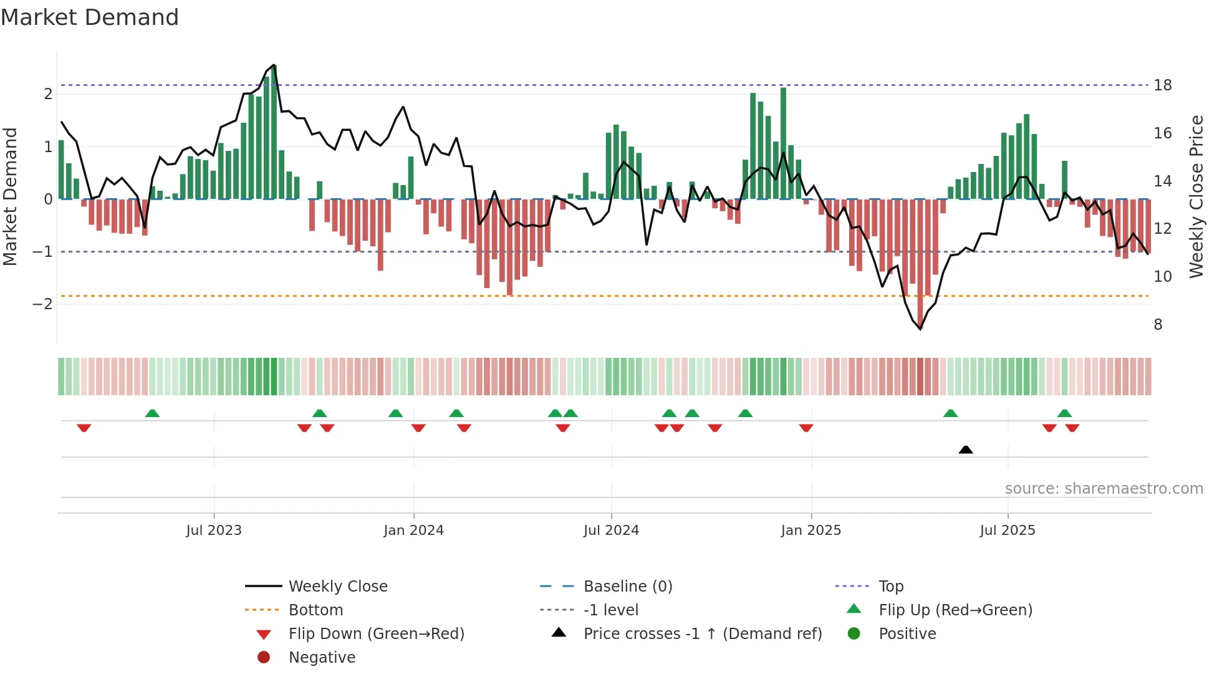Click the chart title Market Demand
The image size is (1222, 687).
tap(90, 17)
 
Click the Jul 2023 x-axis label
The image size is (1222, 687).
tap(214, 531)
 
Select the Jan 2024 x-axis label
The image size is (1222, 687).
tap(413, 531)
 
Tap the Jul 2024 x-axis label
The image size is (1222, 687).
tap(611, 531)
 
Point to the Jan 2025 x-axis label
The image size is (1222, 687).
tap(811, 531)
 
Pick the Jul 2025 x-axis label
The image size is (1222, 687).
tap(1007, 531)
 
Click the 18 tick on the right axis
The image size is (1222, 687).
tap(1162, 85)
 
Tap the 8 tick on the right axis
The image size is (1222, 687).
tap(1158, 325)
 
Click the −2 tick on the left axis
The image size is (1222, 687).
tap(43, 304)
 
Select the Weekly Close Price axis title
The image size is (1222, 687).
tap(1196, 196)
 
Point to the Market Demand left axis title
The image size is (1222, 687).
tap(11, 196)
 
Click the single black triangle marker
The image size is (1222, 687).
tap(965, 449)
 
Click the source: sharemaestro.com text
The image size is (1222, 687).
tap(1104, 489)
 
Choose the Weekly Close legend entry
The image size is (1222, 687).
tap(337, 587)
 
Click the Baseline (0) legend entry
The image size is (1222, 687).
tap(627, 587)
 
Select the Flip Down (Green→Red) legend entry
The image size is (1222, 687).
tap(376, 634)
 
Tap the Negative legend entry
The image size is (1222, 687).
tap(322, 658)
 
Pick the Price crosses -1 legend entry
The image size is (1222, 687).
tap(702, 634)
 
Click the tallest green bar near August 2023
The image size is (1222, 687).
tap(274, 131)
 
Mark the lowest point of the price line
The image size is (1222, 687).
tap(920, 329)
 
